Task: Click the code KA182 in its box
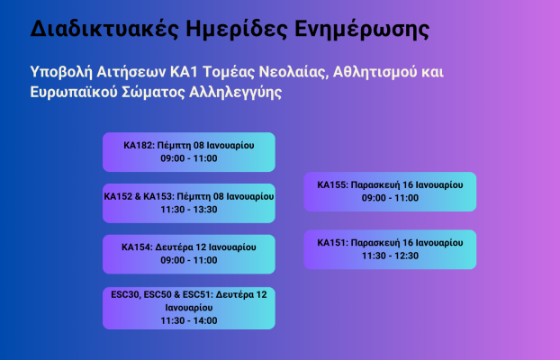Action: coord(140,145)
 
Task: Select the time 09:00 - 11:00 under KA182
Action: coord(189,158)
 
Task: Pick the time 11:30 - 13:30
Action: coord(189,209)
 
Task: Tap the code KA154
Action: coord(139,247)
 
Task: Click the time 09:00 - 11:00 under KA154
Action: coord(189,260)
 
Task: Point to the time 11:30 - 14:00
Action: coord(189,319)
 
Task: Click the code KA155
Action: coord(332,185)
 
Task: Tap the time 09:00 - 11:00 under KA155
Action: coord(390,198)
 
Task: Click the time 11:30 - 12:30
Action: coord(390,256)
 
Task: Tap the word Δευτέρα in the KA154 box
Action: coord(179,247)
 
